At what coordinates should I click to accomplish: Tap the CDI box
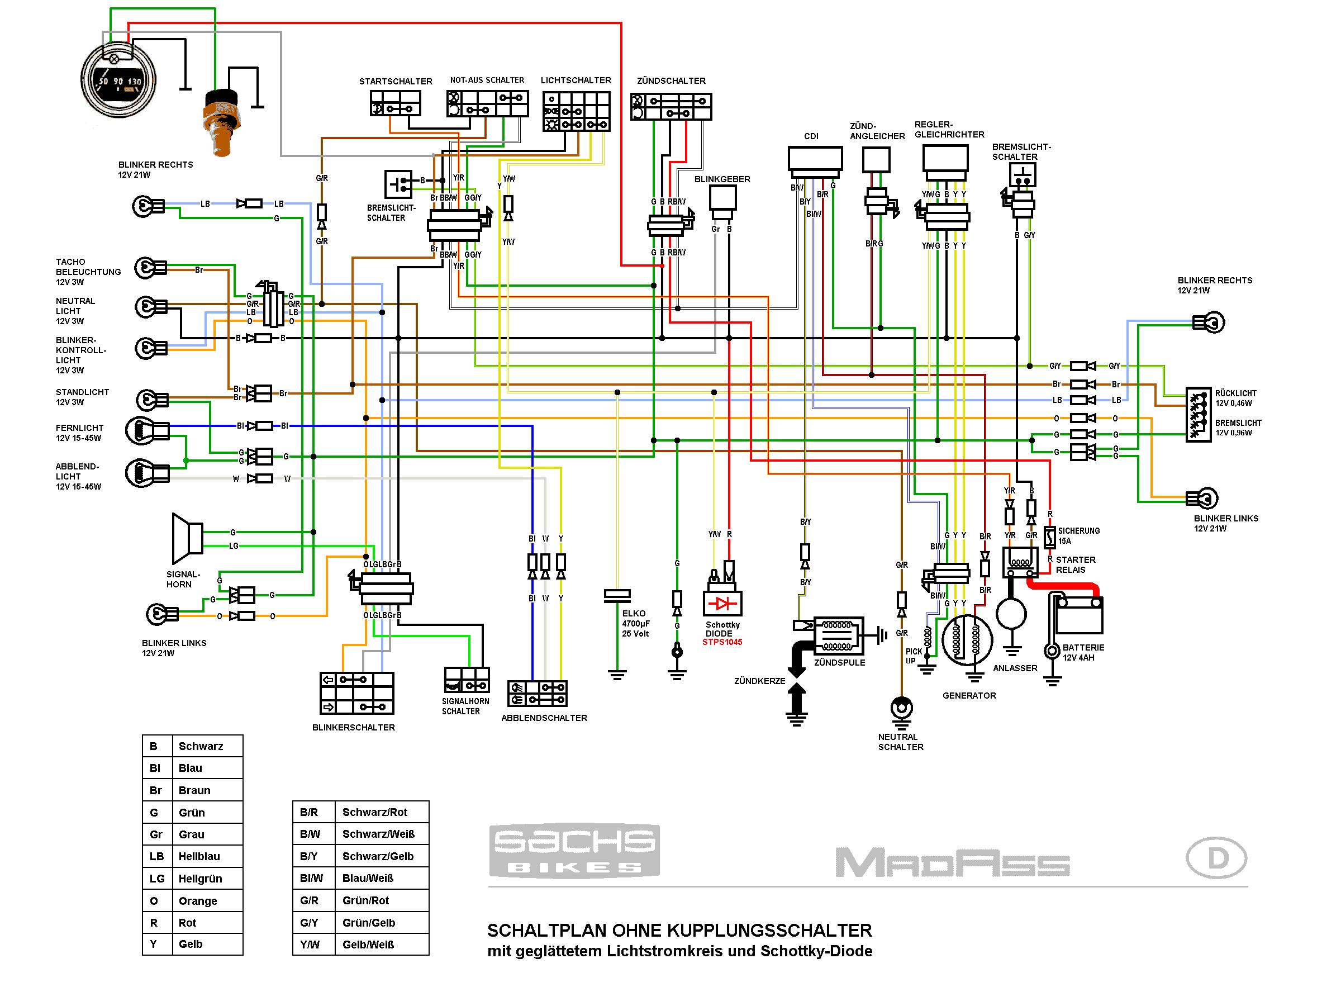815,159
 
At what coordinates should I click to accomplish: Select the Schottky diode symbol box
722,604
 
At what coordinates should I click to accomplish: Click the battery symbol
1078,615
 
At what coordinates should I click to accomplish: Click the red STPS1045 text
722,642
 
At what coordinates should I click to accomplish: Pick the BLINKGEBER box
722,198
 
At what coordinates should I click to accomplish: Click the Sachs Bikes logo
574,850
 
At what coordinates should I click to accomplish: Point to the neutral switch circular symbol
901,708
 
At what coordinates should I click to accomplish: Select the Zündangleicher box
876,160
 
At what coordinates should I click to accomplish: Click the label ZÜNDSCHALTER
671,80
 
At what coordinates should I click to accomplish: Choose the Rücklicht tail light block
1199,414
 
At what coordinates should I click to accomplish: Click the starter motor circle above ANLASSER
1011,613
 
